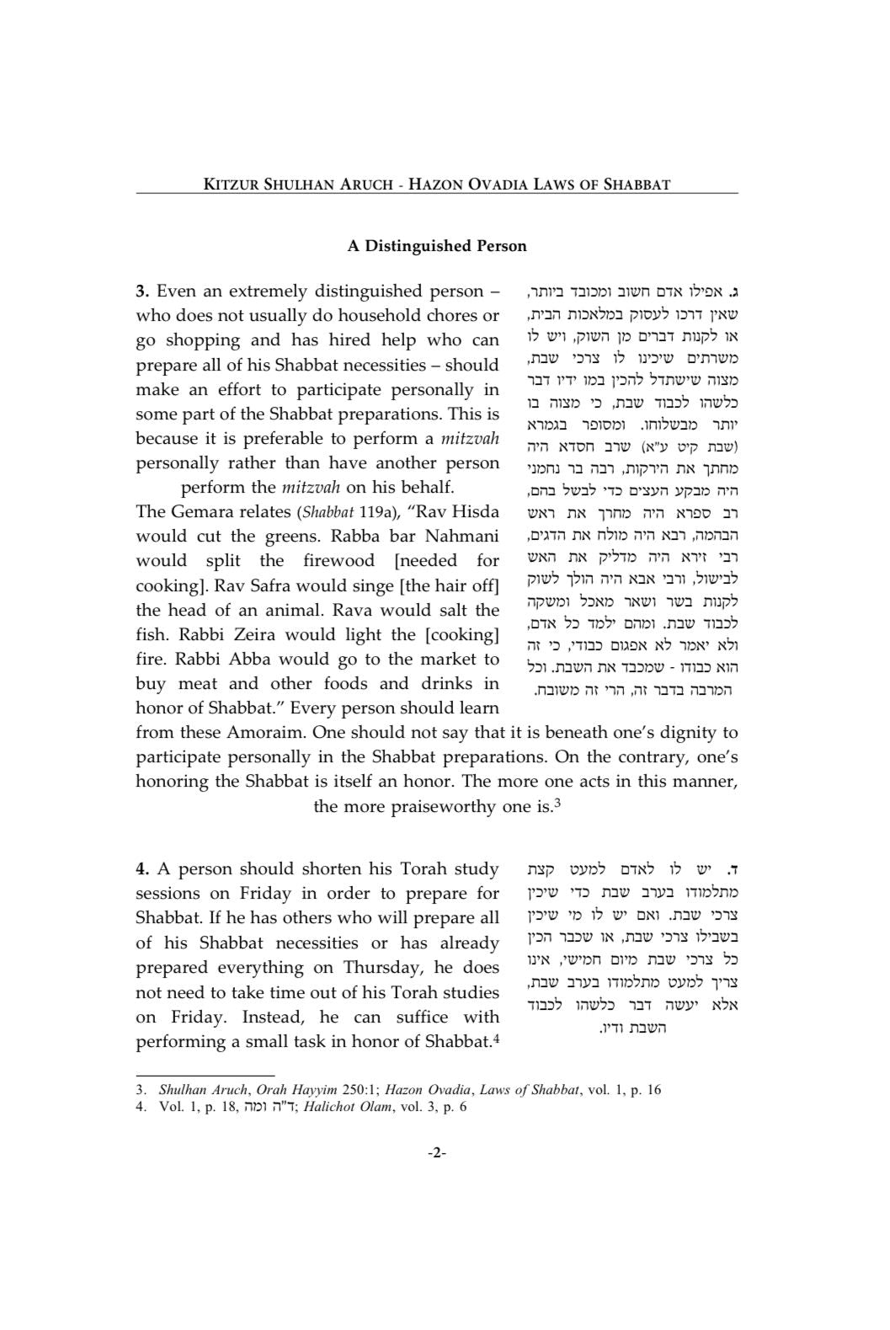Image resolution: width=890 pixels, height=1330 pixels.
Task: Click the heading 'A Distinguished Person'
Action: pyautogui.click(x=437, y=246)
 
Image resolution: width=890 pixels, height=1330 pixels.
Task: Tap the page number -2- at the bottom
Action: pyautogui.click(x=437, y=1153)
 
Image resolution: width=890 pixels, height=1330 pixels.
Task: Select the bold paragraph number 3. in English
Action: pyautogui.click(x=142, y=291)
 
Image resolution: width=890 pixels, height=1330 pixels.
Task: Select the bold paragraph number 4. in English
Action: pyautogui.click(x=143, y=869)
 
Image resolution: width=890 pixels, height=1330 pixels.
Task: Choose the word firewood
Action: pyautogui.click(x=338, y=561)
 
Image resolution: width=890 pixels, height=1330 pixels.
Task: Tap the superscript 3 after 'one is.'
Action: pyautogui.click(x=557, y=803)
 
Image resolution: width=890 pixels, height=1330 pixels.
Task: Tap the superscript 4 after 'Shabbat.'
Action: pyautogui.click(x=497, y=1038)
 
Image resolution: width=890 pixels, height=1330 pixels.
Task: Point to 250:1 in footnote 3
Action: pyautogui.click(x=360, y=1090)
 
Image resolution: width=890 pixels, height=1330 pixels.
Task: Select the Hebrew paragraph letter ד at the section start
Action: pyautogui.click(x=733, y=869)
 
